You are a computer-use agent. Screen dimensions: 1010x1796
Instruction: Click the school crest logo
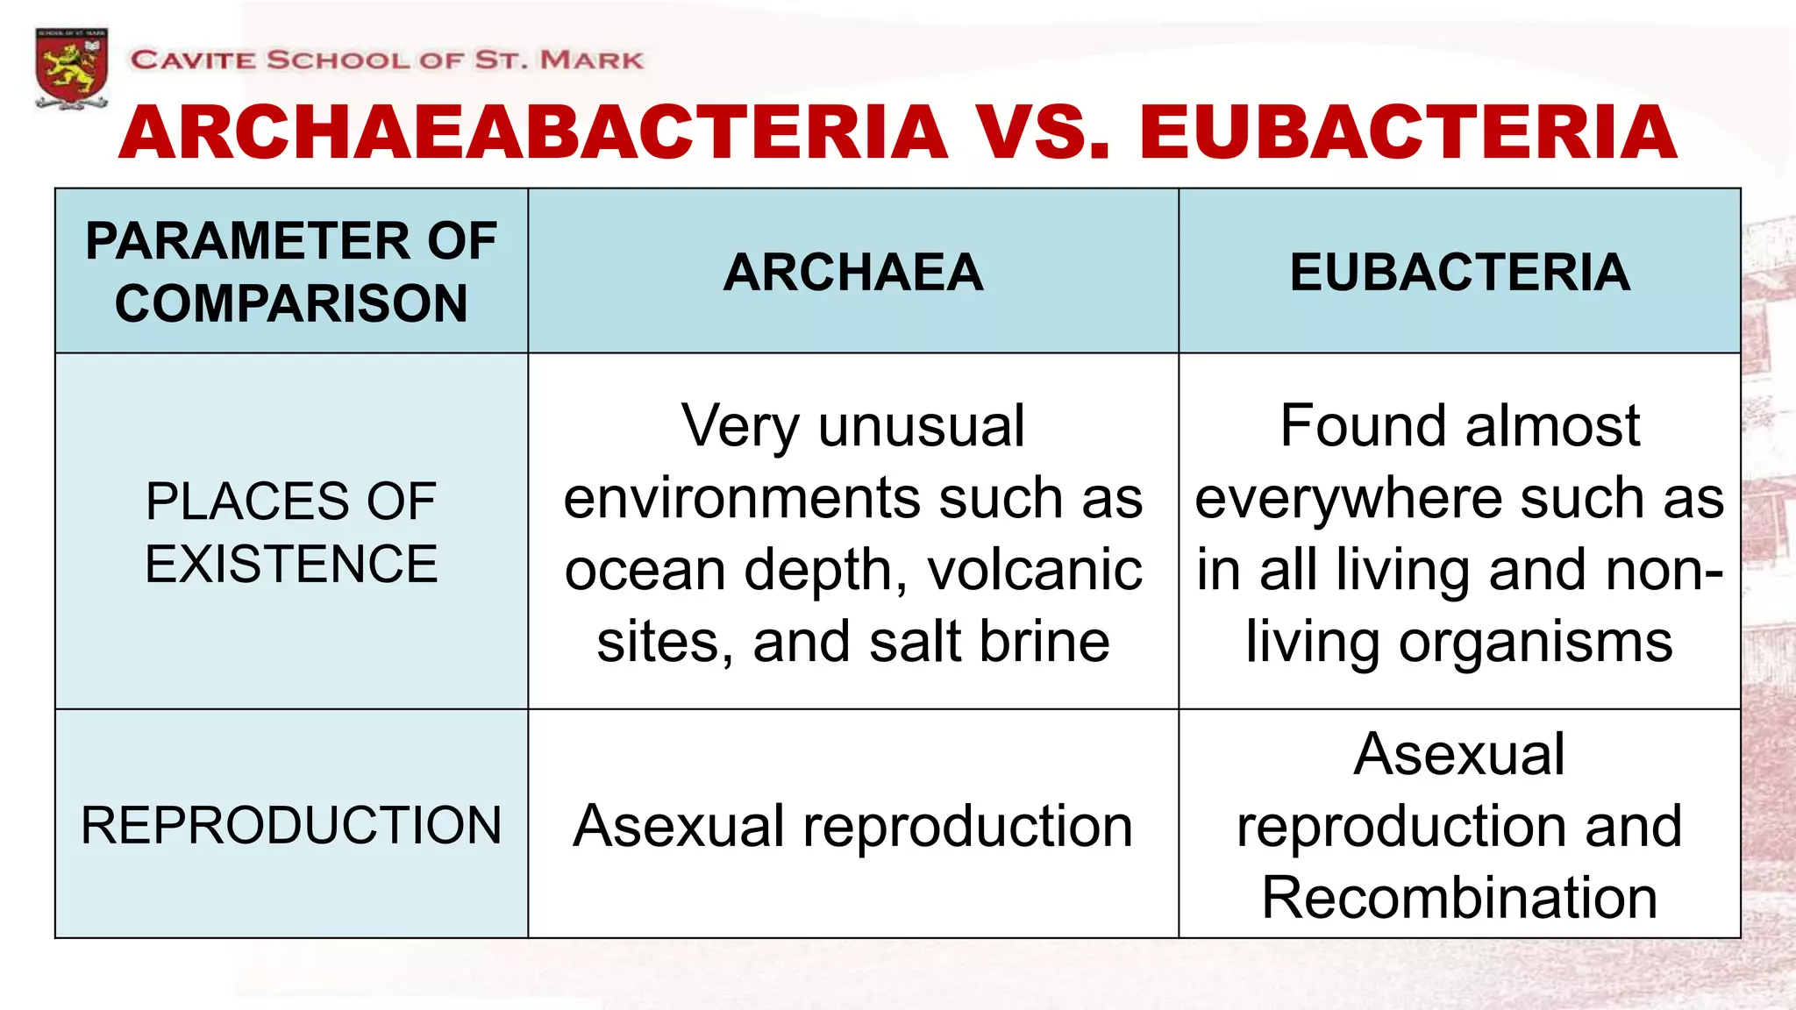(x=72, y=68)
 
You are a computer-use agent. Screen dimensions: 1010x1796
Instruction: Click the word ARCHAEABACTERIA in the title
(x=533, y=132)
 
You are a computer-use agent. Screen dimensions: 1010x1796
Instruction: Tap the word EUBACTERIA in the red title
(x=1408, y=132)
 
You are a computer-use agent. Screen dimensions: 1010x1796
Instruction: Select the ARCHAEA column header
(x=852, y=272)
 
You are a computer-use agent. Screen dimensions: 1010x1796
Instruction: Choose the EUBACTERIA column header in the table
(x=1459, y=272)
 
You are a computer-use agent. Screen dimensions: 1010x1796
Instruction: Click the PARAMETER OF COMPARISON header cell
(x=291, y=272)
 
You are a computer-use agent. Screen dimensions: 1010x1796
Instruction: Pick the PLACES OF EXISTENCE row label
(x=291, y=532)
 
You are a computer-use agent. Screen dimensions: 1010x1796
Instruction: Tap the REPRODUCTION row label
(x=291, y=825)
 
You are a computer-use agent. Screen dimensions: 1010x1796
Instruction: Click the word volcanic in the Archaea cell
(x=1035, y=570)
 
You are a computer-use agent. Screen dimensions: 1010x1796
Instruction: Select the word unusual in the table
(x=921, y=426)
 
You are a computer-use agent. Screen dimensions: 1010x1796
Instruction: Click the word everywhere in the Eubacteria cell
(x=1349, y=499)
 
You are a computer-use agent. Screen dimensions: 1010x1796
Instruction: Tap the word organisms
(x=1536, y=642)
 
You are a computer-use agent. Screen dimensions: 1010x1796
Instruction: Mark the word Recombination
(x=1459, y=898)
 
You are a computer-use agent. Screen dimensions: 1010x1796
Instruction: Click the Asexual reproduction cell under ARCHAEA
(x=852, y=826)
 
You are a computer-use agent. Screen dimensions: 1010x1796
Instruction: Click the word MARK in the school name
(x=592, y=60)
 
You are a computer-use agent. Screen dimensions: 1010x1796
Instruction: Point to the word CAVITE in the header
(x=193, y=60)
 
